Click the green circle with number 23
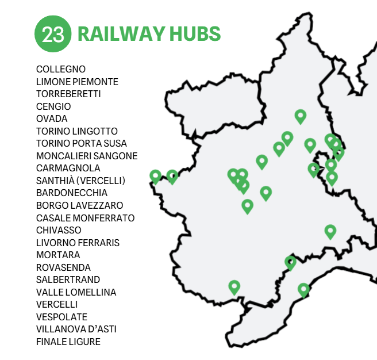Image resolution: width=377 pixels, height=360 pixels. pyautogui.click(x=53, y=33)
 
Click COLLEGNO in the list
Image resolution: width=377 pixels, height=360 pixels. pyautogui.click(x=61, y=70)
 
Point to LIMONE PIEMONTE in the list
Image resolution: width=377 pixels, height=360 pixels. pyautogui.click(x=77, y=82)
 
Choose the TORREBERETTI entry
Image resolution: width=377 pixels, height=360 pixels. pyautogui.click(x=68, y=94)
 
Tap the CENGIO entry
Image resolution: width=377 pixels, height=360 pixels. pyautogui.click(x=53, y=106)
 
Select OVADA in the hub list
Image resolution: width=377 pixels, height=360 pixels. pyautogui.click(x=52, y=119)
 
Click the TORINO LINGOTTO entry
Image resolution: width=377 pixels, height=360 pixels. pyautogui.click(x=76, y=131)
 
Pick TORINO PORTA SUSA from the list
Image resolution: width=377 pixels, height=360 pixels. pyautogui.click(x=82, y=144)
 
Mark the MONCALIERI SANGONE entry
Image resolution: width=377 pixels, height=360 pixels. pyautogui.click(x=87, y=156)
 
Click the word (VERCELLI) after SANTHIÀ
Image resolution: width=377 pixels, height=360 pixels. pyautogui.click(x=103, y=181)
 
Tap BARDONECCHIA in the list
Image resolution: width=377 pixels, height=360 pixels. pyautogui.click(x=71, y=193)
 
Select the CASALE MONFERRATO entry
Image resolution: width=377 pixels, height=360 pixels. pyautogui.click(x=85, y=218)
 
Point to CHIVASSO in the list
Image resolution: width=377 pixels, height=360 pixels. pyautogui.click(x=59, y=230)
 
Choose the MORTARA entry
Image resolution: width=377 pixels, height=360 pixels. pyautogui.click(x=58, y=255)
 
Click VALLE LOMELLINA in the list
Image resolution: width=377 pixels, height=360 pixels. pyautogui.click(x=76, y=292)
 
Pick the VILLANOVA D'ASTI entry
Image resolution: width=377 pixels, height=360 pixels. pyautogui.click(x=76, y=330)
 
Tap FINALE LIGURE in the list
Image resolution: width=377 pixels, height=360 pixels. pyautogui.click(x=68, y=342)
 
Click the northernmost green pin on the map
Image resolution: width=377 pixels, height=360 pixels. pyautogui.click(x=300, y=116)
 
